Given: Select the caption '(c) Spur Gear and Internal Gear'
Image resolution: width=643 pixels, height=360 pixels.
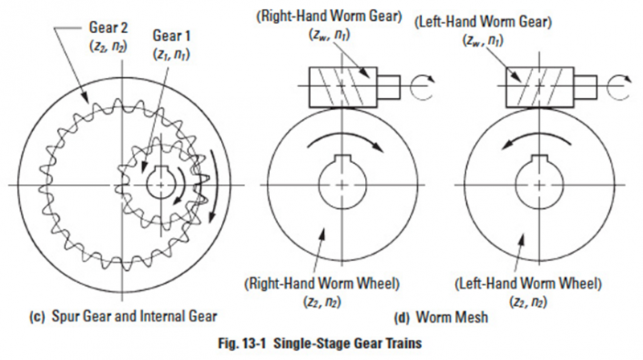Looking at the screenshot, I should click(x=114, y=312).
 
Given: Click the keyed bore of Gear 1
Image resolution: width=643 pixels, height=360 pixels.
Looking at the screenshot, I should click(x=166, y=183).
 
